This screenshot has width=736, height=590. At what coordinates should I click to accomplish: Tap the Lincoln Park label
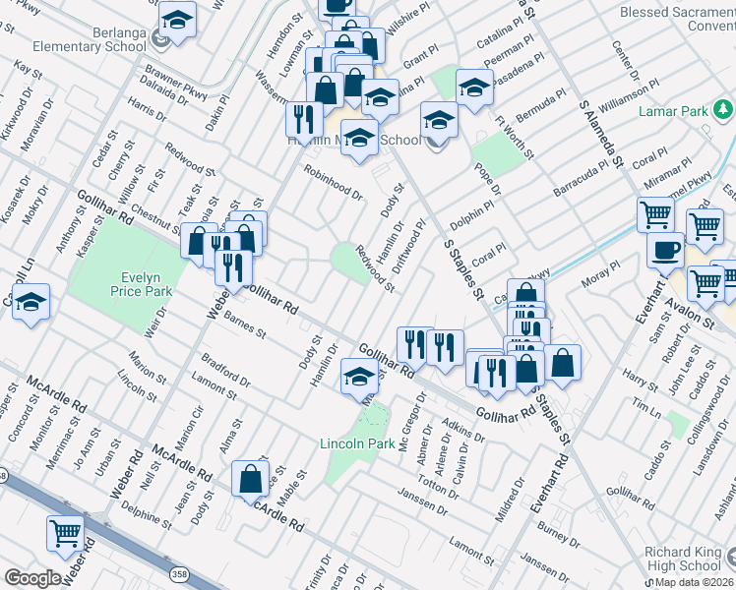point(357,443)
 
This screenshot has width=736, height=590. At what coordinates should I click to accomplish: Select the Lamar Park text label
point(676,111)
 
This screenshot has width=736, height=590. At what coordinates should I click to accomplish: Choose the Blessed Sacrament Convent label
point(677,20)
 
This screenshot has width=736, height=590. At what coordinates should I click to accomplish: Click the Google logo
point(32,578)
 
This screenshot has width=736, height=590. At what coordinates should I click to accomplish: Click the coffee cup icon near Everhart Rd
point(665,250)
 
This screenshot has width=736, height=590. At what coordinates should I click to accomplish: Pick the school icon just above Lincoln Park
point(359,377)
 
